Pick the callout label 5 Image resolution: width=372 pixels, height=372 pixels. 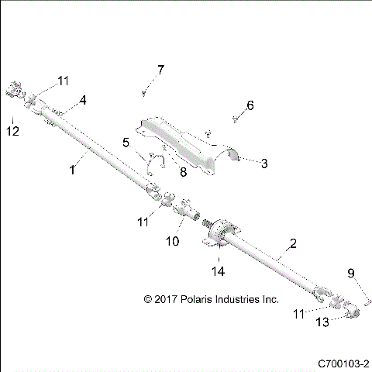(x=126, y=142)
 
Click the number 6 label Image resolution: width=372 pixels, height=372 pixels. (x=250, y=105)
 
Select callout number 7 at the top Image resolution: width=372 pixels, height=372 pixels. (x=160, y=71)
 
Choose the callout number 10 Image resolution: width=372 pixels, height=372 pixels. (x=172, y=241)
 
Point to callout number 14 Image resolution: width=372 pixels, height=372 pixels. (x=220, y=270)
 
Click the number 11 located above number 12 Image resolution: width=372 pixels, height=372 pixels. (x=62, y=80)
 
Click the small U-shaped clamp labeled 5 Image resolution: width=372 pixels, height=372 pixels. (x=157, y=161)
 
